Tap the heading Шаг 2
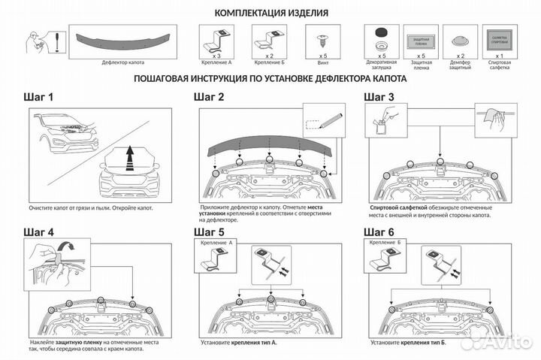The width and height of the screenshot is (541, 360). pos(209,98)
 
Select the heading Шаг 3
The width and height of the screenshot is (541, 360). pos(379,98)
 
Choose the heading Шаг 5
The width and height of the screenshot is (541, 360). pos(209,231)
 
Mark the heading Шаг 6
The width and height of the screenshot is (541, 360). pos(379,231)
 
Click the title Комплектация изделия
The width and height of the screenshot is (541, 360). pos(270,13)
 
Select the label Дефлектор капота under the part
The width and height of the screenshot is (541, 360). pos(124,63)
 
